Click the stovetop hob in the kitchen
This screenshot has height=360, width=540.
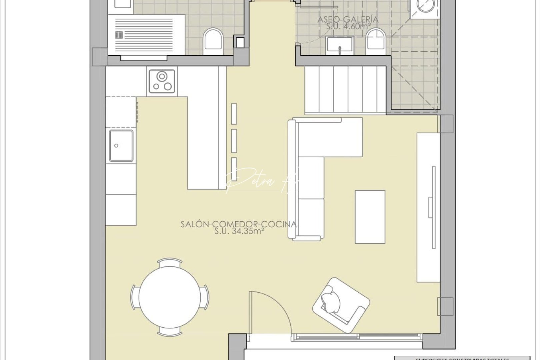[162, 82]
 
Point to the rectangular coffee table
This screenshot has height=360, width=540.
[370, 217]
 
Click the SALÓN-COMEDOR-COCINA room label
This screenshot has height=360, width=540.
[238, 224]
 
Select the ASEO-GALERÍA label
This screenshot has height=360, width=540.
[348, 19]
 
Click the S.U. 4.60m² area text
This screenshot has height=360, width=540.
[348, 26]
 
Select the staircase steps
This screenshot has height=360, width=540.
[345, 90]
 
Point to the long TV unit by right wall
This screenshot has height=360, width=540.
[428, 207]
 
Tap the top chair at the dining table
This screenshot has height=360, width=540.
[170, 263]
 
